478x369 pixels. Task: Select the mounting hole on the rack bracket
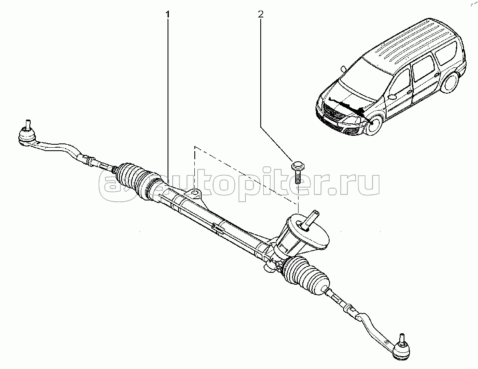[195, 194]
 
